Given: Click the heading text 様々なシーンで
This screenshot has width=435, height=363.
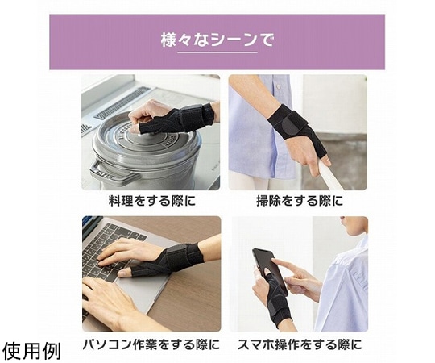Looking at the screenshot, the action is pyautogui.click(x=217, y=40).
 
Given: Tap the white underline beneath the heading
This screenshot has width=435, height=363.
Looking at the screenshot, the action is pyautogui.click(x=217, y=52).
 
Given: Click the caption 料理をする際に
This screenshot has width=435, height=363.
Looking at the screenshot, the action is pyautogui.click(x=152, y=201).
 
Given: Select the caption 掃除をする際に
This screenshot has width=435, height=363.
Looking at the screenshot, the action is pyautogui.click(x=300, y=201).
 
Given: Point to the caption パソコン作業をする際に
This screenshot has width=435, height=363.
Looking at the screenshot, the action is pyautogui.click(x=151, y=344).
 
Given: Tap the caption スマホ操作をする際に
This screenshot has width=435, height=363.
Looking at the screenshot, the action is pyautogui.click(x=300, y=344).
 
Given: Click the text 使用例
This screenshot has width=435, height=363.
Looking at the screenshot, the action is pyautogui.click(x=32, y=351).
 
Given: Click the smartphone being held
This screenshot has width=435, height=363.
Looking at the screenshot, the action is pyautogui.click(x=270, y=270).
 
